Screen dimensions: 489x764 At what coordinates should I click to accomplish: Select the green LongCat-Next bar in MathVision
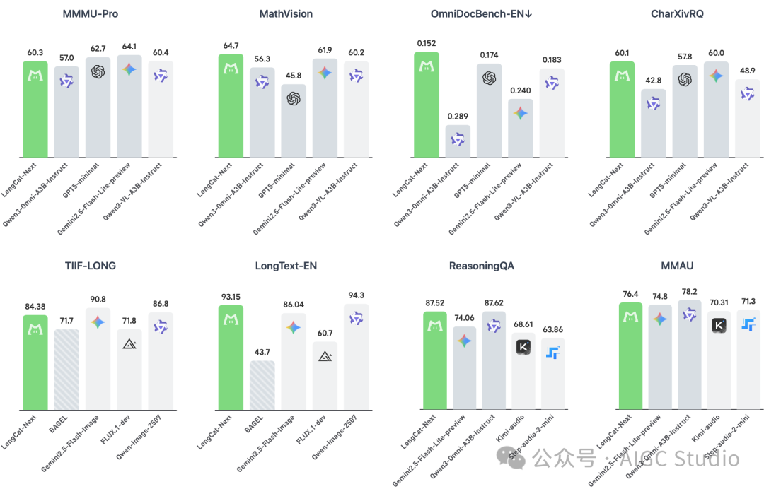pos(230,106)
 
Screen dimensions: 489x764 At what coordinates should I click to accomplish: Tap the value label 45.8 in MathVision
pos(293,76)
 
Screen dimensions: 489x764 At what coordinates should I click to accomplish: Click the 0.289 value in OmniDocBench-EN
pos(457,116)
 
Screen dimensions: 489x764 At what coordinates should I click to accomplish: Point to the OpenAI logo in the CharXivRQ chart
pos(684,80)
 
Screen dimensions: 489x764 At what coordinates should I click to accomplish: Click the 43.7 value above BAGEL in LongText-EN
pos(261,351)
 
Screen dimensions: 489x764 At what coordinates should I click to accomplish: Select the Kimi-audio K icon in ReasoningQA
pos(523,346)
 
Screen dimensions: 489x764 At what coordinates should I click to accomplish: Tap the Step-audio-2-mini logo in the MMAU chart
pos(748,324)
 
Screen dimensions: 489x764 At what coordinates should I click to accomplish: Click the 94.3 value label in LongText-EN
pos(355,295)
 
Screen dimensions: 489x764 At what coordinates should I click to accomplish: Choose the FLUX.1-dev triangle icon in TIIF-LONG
pos(129,343)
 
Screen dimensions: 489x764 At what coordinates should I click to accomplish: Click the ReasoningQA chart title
pos(481,266)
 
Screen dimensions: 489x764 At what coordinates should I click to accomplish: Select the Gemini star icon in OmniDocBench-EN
pos(520,113)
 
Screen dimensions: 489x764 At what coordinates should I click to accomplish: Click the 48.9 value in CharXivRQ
pos(747,71)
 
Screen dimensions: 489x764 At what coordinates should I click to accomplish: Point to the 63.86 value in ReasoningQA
pos(554,329)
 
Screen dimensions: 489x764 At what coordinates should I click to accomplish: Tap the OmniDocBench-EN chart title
pos(481,13)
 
